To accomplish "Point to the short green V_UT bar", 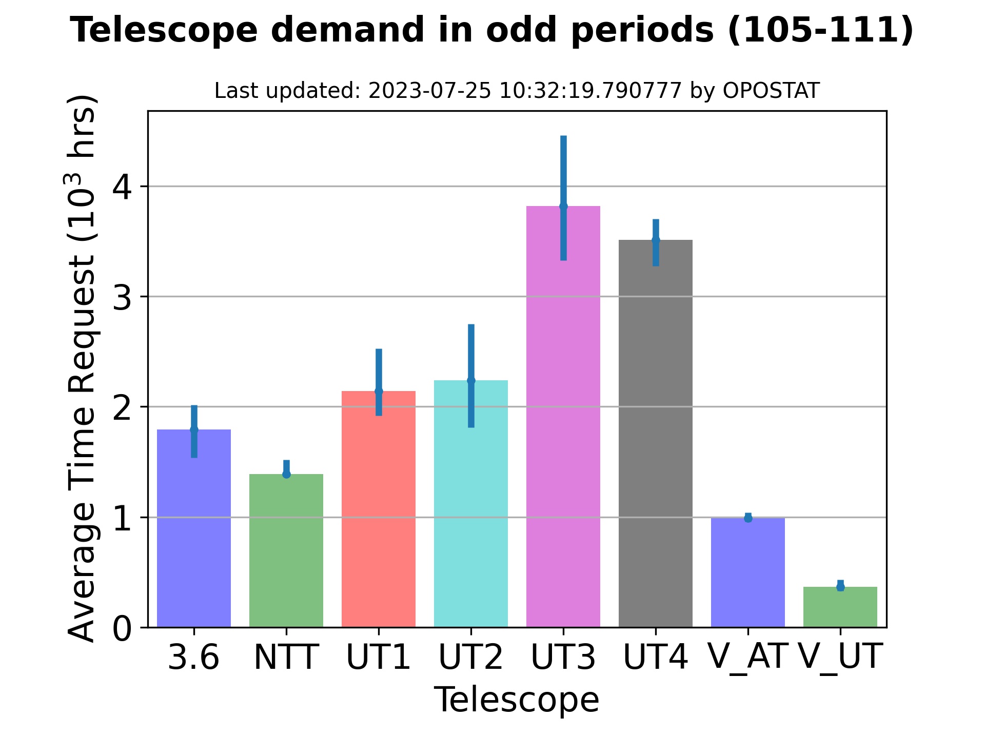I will point(840,607).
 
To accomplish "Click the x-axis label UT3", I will point(563,658).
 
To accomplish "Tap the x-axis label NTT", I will point(286,658).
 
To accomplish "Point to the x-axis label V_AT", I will point(747,657).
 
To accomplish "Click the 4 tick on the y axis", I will point(122,187).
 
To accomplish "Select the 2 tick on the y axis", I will point(122,407).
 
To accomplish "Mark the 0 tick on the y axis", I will point(122,628).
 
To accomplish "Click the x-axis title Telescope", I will point(517,700).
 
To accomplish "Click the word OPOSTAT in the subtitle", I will point(771,91).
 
